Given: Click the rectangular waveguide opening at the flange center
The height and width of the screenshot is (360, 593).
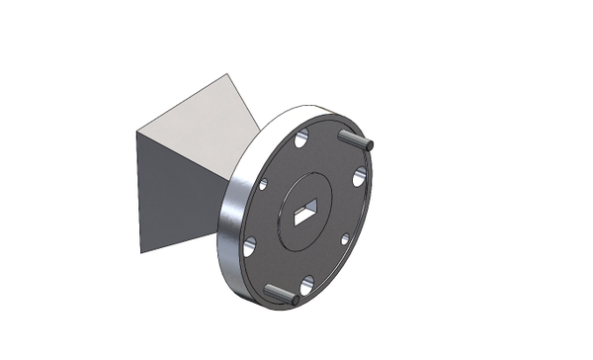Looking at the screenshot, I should pyautogui.click(x=306, y=208).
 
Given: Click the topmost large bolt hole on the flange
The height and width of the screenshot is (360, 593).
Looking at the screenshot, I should pyautogui.click(x=301, y=135).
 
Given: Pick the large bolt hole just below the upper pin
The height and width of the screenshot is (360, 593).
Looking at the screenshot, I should pyautogui.click(x=360, y=178).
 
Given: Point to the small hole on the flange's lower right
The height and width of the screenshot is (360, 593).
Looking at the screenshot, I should pyautogui.click(x=344, y=238).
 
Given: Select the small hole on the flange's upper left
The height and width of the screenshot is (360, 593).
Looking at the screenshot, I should pyautogui.click(x=263, y=184).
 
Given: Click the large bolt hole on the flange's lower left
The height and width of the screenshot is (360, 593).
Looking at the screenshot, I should pyautogui.click(x=249, y=246).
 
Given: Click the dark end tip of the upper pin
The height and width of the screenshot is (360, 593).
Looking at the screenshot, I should pyautogui.click(x=370, y=145).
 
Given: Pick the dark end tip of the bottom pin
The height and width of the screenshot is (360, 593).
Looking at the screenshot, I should pyautogui.click(x=295, y=299).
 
